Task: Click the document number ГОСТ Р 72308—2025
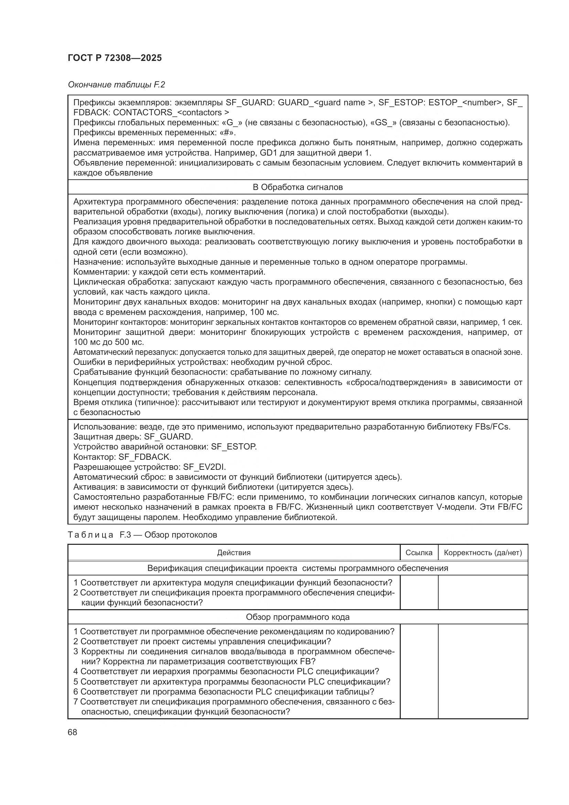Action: point(115,58)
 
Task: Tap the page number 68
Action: point(73,732)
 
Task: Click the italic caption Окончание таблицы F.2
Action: point(116,85)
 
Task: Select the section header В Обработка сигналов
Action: point(298,187)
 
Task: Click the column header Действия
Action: point(234,553)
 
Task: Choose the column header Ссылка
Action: point(419,553)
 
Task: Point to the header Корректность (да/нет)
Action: point(483,553)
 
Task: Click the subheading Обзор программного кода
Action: point(298,617)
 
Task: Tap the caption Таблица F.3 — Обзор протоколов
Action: point(142,535)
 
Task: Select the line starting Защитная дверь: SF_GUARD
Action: point(133,437)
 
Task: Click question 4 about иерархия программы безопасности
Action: point(226,671)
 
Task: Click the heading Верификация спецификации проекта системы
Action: point(298,568)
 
